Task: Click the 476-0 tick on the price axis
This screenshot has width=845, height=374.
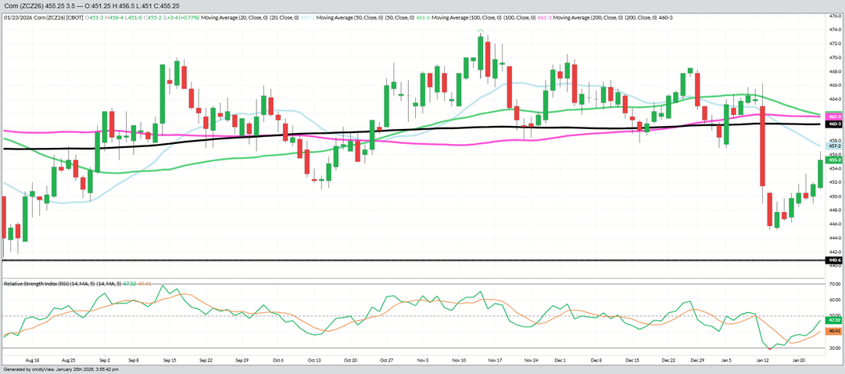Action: (833, 16)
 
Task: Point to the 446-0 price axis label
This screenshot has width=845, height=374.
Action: (833, 224)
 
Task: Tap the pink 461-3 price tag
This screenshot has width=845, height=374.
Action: (833, 116)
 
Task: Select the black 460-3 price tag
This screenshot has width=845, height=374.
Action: (833, 124)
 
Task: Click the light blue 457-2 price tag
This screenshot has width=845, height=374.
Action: (833, 146)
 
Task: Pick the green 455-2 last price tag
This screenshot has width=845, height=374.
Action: (833, 160)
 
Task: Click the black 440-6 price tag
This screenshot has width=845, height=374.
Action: (833, 260)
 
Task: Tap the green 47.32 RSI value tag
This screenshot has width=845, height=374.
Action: (833, 320)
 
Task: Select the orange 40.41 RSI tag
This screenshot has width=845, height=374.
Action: (833, 331)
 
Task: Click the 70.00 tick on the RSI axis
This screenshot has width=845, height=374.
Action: (834, 285)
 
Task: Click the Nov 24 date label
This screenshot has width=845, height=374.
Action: (531, 361)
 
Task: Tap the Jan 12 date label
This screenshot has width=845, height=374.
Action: (761, 361)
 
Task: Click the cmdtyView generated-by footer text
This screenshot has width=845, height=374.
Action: (59, 369)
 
